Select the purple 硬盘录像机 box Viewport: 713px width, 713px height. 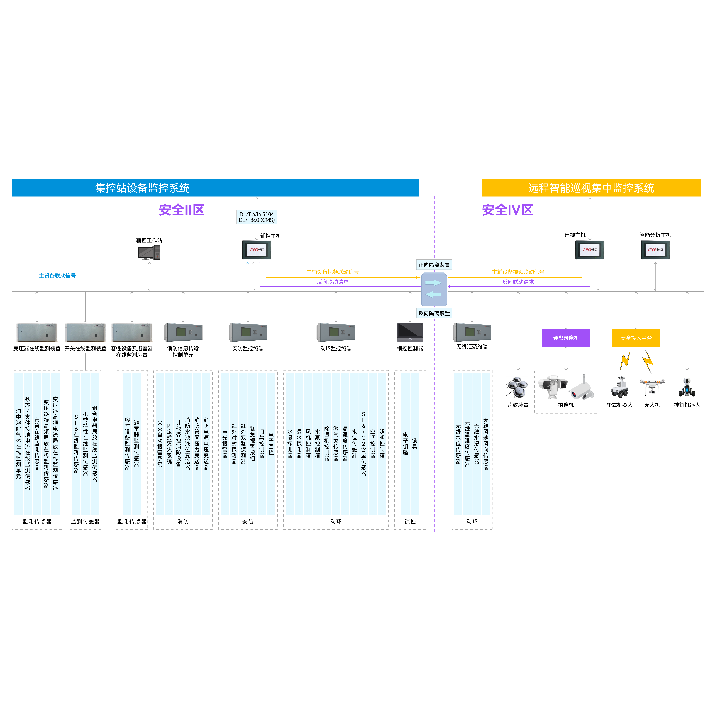point(566,338)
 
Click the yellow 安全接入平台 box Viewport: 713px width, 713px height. point(636,338)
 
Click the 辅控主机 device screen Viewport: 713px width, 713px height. point(256,250)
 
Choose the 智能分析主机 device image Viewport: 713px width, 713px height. point(655,250)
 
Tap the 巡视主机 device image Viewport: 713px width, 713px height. point(590,250)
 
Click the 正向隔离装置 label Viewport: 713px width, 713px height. point(434,265)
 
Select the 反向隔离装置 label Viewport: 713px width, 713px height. point(434,313)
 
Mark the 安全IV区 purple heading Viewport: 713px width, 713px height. point(507,210)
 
